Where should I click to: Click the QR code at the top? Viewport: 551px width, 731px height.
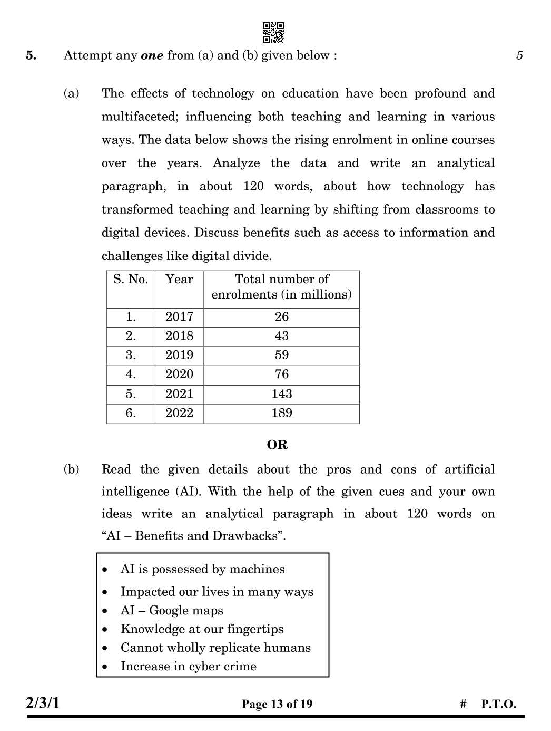273,32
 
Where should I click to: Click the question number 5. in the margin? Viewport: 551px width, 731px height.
31,55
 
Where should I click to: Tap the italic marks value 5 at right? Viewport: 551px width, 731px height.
519,55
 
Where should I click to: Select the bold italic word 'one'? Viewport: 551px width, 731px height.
152,55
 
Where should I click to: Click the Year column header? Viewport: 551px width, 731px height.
179,279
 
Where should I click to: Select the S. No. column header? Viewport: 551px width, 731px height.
131,279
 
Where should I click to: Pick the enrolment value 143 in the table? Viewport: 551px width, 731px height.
281,394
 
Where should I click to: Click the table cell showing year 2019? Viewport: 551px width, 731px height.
179,355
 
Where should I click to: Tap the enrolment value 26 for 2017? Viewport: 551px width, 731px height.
281,317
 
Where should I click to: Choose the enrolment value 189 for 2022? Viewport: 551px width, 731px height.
281,413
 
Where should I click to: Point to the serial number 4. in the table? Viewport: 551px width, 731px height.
131,374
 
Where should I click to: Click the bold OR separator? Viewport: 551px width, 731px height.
277,445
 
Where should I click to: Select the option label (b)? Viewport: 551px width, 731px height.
72,469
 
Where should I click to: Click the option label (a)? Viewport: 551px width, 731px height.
72,93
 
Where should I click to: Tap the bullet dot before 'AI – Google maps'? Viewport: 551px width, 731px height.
105,611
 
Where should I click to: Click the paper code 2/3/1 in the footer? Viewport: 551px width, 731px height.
43,703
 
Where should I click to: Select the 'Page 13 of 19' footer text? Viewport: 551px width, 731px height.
277,704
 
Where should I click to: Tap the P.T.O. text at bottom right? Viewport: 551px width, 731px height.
498,704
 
